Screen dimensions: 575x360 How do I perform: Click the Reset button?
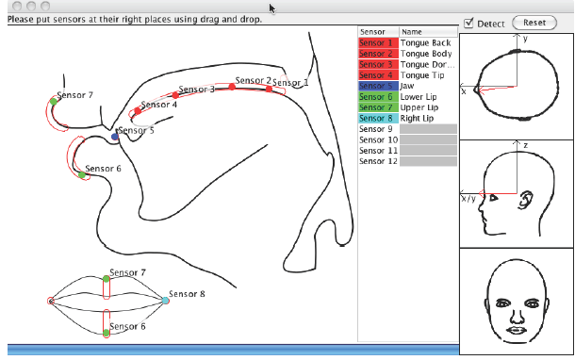point(534,23)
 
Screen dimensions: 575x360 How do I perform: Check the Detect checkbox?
point(468,24)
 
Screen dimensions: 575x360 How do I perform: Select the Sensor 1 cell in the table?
point(378,43)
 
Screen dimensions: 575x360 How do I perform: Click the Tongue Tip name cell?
point(428,75)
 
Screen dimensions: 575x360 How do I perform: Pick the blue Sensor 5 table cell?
point(378,86)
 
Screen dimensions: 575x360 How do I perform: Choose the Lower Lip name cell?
point(428,97)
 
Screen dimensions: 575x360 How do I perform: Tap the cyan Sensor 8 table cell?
point(378,118)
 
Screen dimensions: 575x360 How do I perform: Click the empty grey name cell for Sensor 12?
point(428,161)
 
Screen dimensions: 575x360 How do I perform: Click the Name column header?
point(428,32)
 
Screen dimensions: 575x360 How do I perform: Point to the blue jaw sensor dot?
point(115,137)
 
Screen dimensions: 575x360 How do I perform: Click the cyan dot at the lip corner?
point(166,301)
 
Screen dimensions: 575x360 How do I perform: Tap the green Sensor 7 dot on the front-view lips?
point(106,279)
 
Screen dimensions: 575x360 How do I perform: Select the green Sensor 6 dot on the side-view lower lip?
point(82,175)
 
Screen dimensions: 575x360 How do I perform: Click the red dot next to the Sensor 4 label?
point(138,110)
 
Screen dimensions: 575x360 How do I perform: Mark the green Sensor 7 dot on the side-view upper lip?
point(54,102)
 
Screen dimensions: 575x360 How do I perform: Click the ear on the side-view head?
point(525,200)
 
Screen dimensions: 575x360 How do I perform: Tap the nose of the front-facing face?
point(517,316)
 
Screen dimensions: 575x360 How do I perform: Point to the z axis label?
point(526,145)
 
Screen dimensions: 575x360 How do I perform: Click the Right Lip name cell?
point(428,118)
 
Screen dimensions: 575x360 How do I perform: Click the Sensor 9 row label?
point(376,129)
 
